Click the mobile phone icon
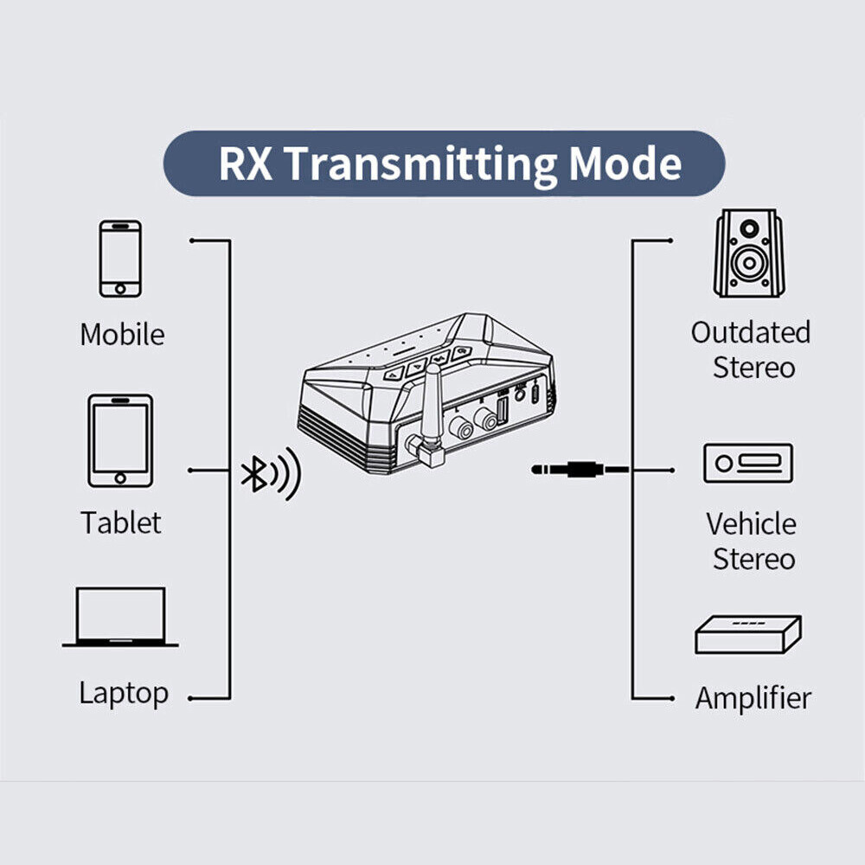tap(120, 259)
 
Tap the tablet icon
tap(120, 440)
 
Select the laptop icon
tap(120, 618)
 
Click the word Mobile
tap(122, 335)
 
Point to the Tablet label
tap(121, 522)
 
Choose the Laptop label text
tap(124, 693)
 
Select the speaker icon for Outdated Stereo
tap(748, 253)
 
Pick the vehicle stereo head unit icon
tap(747, 464)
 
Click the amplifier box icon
tap(747, 635)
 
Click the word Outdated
tap(750, 332)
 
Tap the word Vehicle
tap(751, 523)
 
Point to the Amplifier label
tap(753, 698)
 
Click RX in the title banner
tap(247, 163)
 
